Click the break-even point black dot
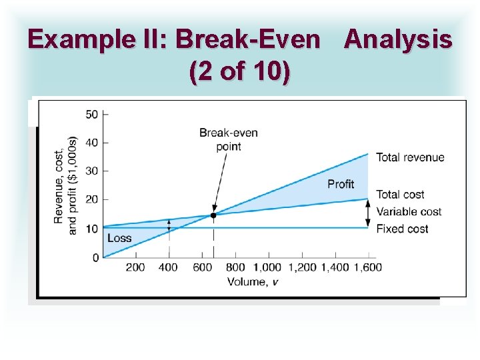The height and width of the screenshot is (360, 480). pos(213,215)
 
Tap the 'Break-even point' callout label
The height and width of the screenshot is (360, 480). pos(228,139)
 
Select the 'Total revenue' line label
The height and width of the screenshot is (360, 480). pos(410,157)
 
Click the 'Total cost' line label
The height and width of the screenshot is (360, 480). pos(400,194)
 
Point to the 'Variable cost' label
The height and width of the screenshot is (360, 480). pos(409,211)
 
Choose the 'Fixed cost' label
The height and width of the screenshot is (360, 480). pos(402,229)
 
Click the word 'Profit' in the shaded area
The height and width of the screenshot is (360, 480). pos(341,183)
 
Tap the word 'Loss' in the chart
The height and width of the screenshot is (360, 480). pos(119,238)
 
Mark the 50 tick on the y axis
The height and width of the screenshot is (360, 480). pos(92,114)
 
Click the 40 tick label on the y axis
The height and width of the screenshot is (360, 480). pos(92,143)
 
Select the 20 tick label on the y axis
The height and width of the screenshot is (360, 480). pos(92,200)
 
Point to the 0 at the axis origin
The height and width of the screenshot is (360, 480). pos(95,257)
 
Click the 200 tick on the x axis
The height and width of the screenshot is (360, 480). pos(135,267)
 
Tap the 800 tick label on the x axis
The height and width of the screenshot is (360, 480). pos(235,267)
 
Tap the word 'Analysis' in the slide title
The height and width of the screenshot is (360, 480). pos(398,40)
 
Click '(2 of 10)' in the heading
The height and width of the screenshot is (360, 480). pos(239,72)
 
